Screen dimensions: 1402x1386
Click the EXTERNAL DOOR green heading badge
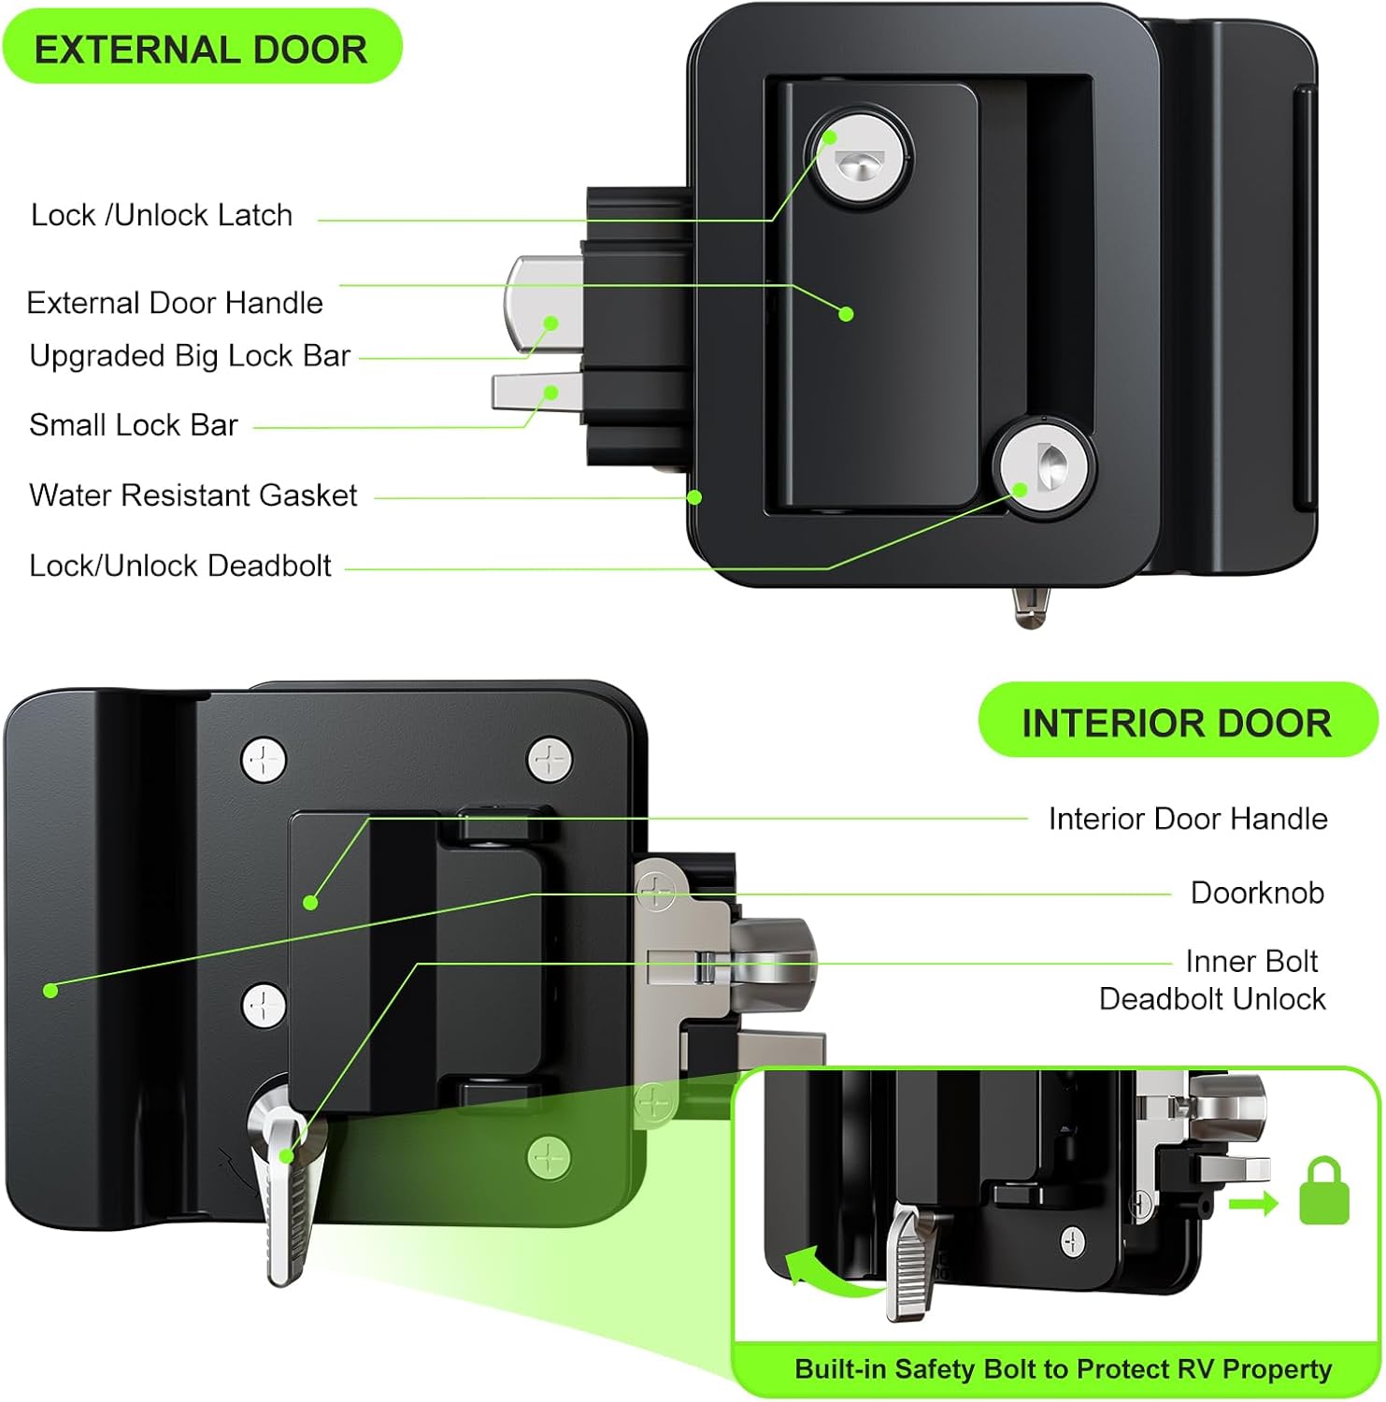tap(200, 49)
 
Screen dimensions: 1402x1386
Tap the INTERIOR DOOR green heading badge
tap(1176, 722)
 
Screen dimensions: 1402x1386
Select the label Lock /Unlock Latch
tap(162, 215)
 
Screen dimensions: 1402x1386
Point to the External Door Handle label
tap(175, 303)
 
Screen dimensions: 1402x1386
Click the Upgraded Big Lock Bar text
tap(190, 356)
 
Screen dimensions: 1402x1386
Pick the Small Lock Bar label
tap(134, 425)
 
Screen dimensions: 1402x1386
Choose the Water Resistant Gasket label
tap(193, 495)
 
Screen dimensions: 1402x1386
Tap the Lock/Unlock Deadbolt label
tap(180, 565)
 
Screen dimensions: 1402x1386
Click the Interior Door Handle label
tap(1187, 819)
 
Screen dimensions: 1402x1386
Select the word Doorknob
tap(1257, 893)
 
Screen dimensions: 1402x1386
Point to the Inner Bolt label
tap(1251, 961)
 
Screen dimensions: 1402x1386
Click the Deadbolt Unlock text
tap(1212, 999)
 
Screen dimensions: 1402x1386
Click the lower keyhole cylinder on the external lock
tap(1042, 470)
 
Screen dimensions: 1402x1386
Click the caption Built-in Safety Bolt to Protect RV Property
tap(1063, 1369)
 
